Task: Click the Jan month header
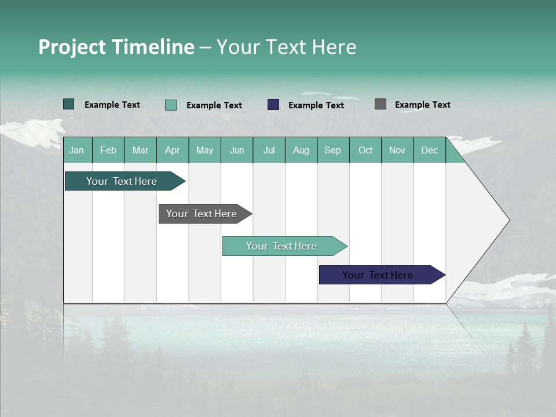click(77, 150)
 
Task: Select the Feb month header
click(108, 150)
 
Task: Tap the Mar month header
click(140, 150)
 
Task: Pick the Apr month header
click(173, 150)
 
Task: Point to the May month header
click(204, 150)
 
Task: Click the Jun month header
click(237, 150)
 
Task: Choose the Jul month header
click(269, 150)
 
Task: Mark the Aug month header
click(301, 150)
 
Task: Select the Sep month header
click(333, 150)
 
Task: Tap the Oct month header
click(365, 150)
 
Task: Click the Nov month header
click(397, 150)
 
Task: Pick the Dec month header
click(430, 150)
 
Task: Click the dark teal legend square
click(68, 104)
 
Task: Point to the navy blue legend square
click(273, 105)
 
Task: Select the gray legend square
click(380, 104)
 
